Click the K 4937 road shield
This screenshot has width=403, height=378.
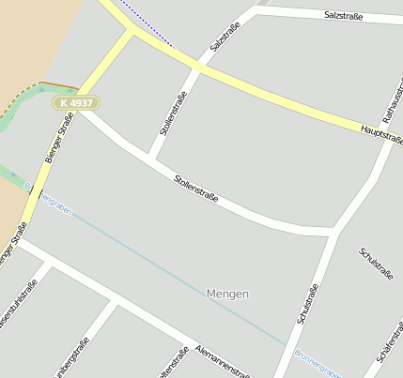click(76, 101)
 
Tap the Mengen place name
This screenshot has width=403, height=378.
click(227, 294)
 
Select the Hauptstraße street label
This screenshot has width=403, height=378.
click(383, 132)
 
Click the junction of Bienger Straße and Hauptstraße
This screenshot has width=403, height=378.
click(132, 31)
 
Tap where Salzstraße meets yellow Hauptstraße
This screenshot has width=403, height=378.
click(198, 68)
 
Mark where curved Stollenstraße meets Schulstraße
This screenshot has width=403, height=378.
click(335, 228)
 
